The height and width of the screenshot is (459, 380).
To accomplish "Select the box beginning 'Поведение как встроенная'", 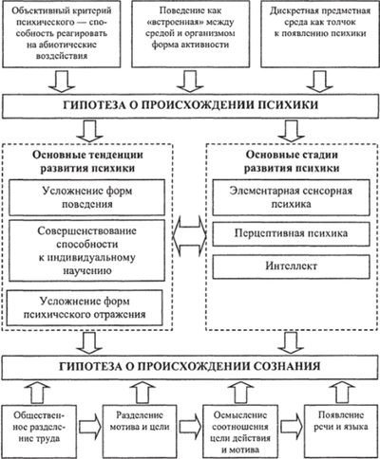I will (191, 35).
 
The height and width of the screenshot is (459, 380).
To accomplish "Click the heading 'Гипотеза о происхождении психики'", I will (190, 104).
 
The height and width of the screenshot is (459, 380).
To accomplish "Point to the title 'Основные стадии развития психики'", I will (294, 162).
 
